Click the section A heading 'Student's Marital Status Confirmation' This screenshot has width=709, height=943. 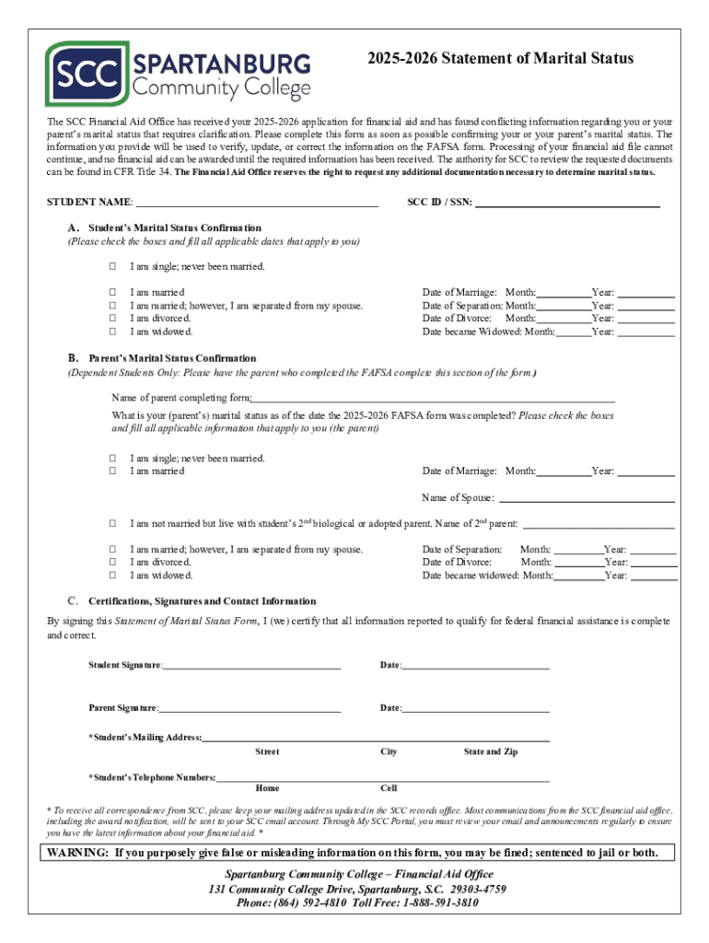click(174, 227)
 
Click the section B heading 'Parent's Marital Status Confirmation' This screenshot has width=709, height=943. click(172, 358)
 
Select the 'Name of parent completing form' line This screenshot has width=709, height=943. click(433, 398)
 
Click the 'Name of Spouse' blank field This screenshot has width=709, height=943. click(586, 498)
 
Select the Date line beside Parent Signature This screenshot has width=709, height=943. click(476, 708)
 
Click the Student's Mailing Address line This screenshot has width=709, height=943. click(376, 738)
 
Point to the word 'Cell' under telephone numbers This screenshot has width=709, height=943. click(389, 788)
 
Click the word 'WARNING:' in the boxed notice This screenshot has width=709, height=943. click(78, 853)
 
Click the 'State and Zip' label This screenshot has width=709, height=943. click(490, 752)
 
